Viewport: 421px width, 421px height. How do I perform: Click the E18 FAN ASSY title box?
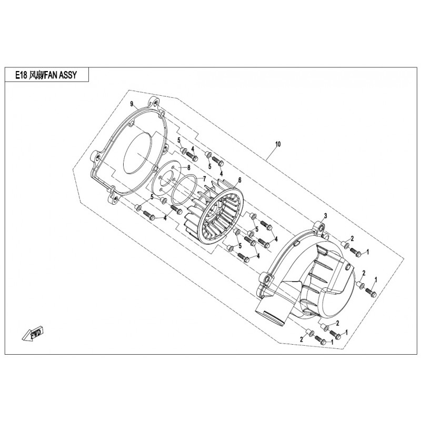tap(47, 75)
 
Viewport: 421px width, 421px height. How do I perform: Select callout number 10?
tap(278, 144)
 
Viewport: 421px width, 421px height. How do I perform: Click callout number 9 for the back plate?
tap(132, 104)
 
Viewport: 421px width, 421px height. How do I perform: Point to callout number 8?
tap(189, 167)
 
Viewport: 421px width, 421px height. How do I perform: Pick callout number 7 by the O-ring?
tap(204, 178)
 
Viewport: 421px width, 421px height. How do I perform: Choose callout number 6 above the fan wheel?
tap(239, 180)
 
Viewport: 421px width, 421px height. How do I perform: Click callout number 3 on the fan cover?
tap(325, 216)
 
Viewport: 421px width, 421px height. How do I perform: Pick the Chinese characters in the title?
tap(36, 75)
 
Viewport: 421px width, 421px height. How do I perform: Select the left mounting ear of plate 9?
tap(95, 156)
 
